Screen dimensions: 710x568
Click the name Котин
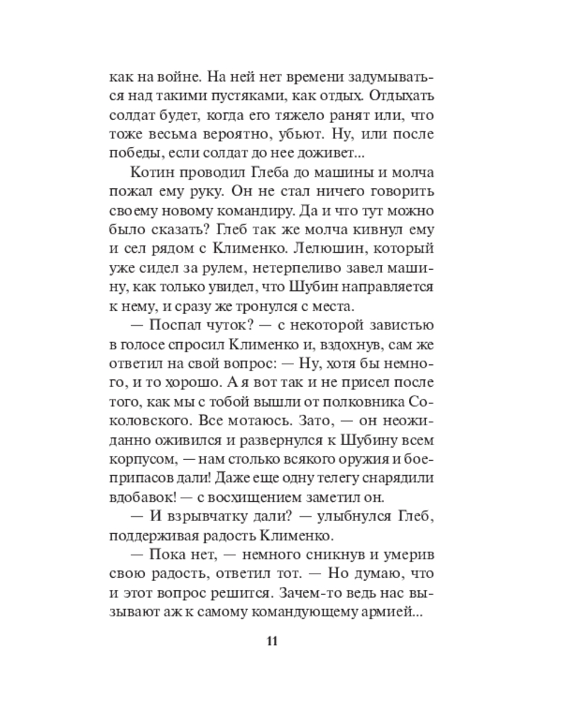(151, 173)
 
